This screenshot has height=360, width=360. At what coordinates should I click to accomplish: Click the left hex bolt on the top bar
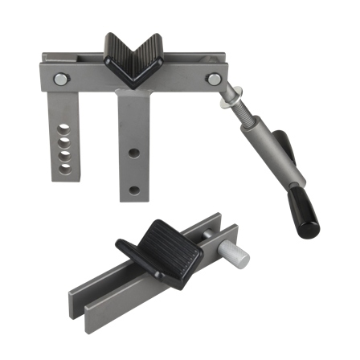click(x=61, y=78)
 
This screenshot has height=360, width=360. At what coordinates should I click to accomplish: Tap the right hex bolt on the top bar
click(x=214, y=78)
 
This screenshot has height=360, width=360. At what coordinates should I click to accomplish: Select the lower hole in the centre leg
click(x=134, y=190)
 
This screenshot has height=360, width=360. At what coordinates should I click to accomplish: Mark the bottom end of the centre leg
click(x=132, y=198)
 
